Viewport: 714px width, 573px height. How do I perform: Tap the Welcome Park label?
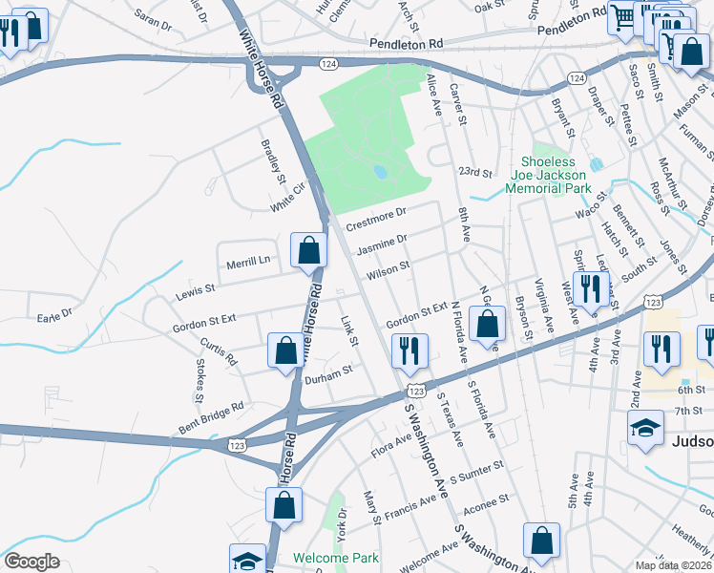336,558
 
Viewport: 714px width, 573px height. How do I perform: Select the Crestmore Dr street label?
376,219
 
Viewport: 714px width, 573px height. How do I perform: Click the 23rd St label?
473,173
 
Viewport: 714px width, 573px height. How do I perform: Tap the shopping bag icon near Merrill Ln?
309,252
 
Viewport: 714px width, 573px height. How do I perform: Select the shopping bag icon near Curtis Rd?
285,350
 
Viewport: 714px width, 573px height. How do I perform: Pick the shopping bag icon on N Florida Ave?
488,325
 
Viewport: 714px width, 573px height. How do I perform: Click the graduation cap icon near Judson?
645,429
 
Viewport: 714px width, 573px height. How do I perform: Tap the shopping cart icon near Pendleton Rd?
622,18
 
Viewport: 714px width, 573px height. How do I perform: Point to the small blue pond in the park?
381,172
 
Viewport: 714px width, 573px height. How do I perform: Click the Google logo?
31,561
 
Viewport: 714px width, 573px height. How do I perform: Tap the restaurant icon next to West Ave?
591,287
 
